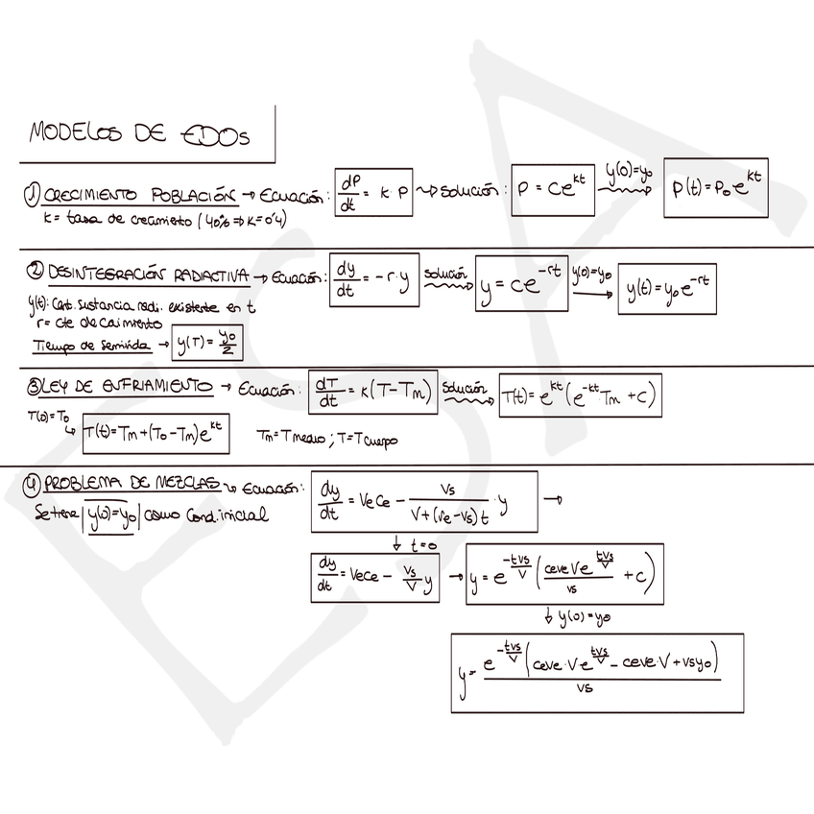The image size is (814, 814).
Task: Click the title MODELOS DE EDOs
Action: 139,134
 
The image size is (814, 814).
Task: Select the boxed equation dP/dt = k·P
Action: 374,193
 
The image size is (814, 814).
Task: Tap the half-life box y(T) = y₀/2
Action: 204,343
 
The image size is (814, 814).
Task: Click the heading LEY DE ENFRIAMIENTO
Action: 125,387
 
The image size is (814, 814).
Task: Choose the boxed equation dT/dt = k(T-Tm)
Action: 373,392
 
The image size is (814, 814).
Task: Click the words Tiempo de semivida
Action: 91,345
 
